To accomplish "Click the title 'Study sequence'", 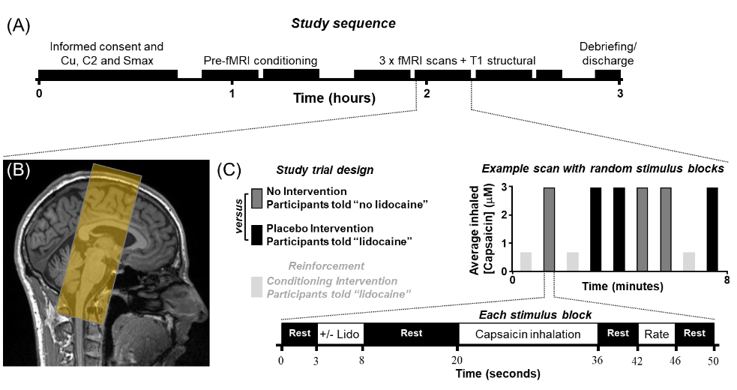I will [x=343, y=22].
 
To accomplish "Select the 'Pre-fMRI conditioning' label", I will [x=260, y=60].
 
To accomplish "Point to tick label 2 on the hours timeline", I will [x=427, y=94].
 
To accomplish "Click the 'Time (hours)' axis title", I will [x=334, y=98].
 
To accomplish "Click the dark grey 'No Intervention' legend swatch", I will [x=257, y=198].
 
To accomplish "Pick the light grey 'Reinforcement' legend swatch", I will [x=257, y=286].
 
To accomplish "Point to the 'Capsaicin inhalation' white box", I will [x=528, y=334].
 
